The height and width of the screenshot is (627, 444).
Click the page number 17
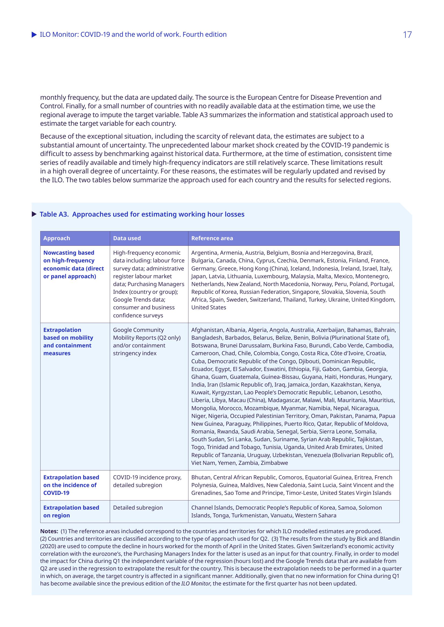(x=407, y=35)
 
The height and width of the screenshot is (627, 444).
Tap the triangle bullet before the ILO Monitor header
(x=34, y=35)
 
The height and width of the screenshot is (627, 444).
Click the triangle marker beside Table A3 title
(x=34, y=214)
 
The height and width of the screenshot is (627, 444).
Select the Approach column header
(x=57, y=238)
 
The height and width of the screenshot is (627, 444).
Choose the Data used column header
(x=127, y=238)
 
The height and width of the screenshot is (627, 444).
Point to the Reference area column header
(x=212, y=238)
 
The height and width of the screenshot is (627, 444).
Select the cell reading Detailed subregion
(x=138, y=508)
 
